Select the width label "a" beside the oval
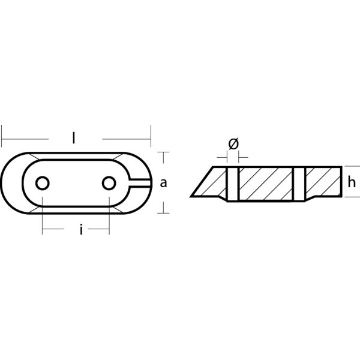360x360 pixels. click(163, 184)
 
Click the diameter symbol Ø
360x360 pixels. click(233, 144)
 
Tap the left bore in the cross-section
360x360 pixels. click(233, 183)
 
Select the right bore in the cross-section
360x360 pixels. click(300, 183)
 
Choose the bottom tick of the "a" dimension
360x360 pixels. click(163, 212)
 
